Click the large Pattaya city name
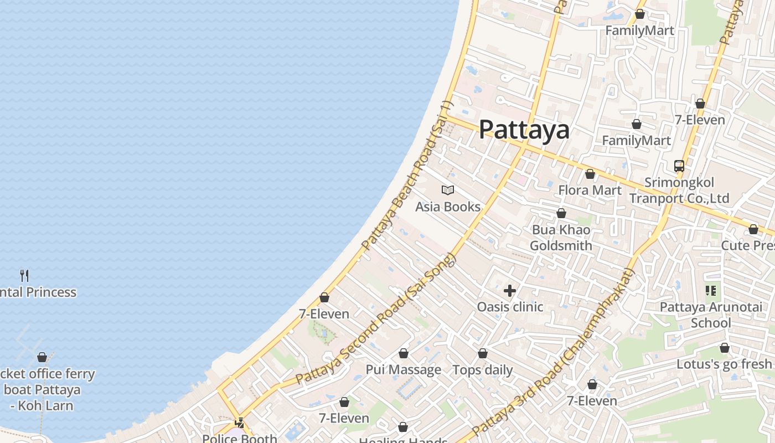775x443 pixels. click(524, 130)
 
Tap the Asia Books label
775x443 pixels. click(448, 207)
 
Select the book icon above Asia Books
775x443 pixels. click(448, 190)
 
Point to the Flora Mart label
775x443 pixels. click(590, 190)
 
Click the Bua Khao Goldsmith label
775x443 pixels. click(561, 238)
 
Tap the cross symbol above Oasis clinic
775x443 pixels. click(510, 290)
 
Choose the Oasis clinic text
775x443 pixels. click(510, 307)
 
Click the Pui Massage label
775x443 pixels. click(403, 369)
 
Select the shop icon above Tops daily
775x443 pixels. click(483, 353)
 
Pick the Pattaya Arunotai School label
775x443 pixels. click(711, 315)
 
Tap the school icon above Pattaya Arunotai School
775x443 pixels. click(711, 290)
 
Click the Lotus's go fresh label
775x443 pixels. click(724, 364)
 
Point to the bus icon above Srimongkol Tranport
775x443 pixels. click(679, 166)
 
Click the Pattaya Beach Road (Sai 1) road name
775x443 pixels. click(407, 176)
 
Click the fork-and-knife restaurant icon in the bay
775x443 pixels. click(24, 275)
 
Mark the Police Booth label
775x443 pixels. click(239, 438)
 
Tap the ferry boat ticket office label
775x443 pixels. click(42, 389)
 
